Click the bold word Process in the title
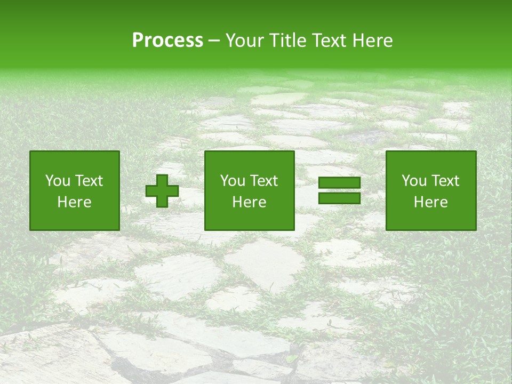point(167,41)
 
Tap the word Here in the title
point(374,41)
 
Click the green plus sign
point(162,191)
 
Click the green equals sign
point(339,191)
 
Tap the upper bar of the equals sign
point(339,183)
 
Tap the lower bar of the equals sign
point(339,198)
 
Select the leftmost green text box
point(75,191)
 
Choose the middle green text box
point(250,191)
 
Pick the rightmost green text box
point(431,191)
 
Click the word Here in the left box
point(75,202)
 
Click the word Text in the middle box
point(263,181)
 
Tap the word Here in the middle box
point(250,202)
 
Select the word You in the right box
point(414,181)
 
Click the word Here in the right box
point(431,202)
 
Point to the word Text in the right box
point(445,181)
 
